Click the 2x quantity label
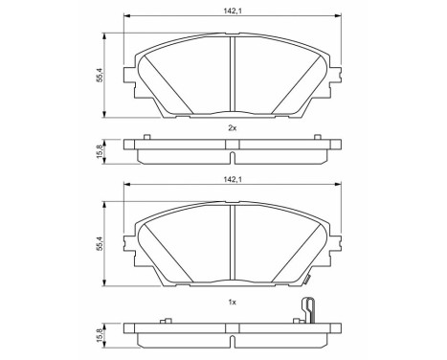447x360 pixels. point(232,126)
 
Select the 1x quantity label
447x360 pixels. point(232,302)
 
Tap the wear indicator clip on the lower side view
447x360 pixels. point(309,312)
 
